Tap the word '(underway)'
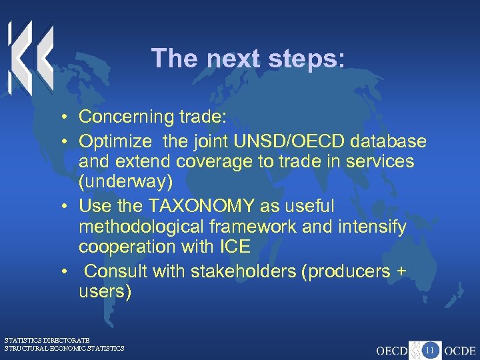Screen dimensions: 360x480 125,182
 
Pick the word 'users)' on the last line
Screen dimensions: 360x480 105,291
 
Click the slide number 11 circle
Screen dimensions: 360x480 430,349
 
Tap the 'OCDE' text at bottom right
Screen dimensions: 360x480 461,350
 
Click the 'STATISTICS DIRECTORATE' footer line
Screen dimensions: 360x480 47,340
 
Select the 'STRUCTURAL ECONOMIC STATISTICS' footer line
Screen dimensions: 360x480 64,348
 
